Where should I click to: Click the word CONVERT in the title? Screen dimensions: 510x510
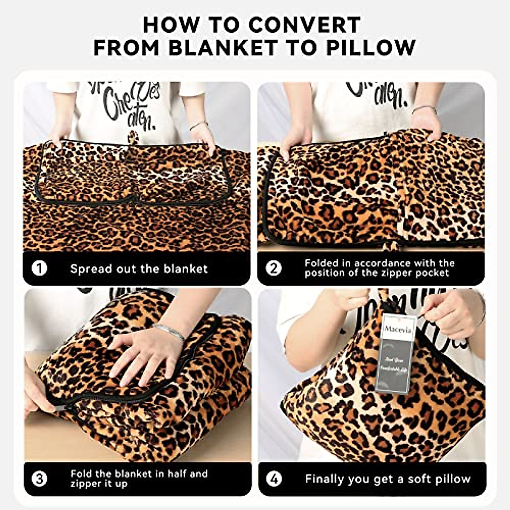coord(305,25)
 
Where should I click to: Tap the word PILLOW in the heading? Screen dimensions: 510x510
coord(371,47)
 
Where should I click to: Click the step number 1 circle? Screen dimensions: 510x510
coord(40,269)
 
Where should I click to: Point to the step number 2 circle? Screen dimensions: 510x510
coord(274,268)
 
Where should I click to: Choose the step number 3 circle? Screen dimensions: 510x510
coord(40,479)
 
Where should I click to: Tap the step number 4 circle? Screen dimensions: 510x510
coord(274,479)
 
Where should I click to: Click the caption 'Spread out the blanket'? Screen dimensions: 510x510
coord(139,269)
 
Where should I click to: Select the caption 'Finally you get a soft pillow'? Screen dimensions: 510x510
coord(388,479)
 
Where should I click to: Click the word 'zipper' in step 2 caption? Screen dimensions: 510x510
coord(393,273)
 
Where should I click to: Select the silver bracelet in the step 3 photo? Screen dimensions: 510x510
coord(169,330)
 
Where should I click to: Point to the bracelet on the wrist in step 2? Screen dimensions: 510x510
coord(424,109)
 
